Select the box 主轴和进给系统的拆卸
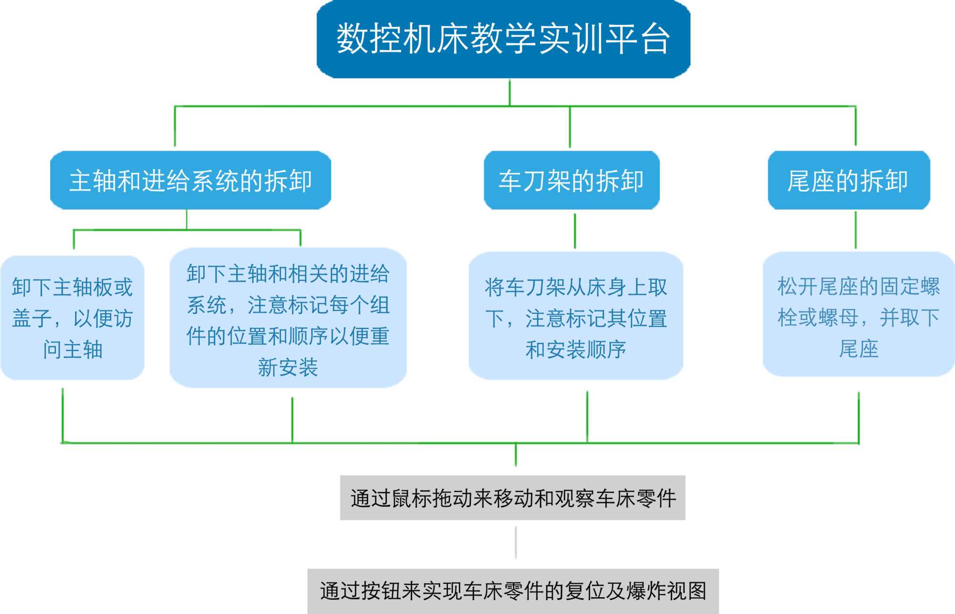coord(191,180)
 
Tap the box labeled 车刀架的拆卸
coord(572,180)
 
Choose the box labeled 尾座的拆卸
coord(849,180)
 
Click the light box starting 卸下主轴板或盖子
coord(72,318)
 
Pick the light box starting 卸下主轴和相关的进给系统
coord(288,318)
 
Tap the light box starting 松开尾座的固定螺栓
coord(858,314)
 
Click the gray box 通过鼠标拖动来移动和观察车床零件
coord(512,498)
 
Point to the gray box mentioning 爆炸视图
coord(513,591)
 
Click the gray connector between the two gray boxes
coord(516,543)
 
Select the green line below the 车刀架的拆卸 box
coord(575,231)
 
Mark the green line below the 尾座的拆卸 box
coord(856,230)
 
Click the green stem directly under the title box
coord(509,92)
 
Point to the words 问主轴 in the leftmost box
coord(73,350)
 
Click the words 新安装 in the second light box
coord(288,367)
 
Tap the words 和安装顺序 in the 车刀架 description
coord(575,350)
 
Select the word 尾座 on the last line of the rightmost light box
coord(859,349)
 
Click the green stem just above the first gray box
coord(516,455)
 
